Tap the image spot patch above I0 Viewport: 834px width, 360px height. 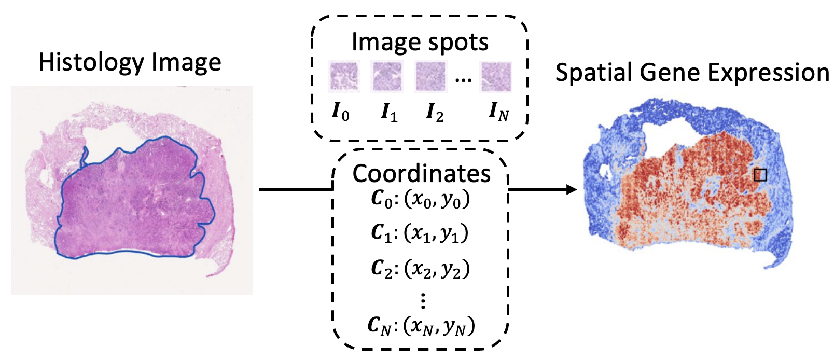click(343, 76)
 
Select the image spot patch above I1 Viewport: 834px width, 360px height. click(387, 76)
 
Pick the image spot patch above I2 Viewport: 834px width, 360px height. click(430, 76)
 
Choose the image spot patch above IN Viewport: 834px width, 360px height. click(496, 76)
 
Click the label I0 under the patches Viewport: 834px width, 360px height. click(341, 112)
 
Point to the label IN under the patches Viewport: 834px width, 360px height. click(498, 112)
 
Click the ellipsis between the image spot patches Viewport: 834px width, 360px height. click(463, 79)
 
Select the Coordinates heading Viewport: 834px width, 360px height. click(421, 174)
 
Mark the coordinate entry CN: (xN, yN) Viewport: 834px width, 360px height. click(421, 326)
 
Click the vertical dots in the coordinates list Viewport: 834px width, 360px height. click(423, 300)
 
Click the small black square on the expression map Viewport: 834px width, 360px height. click(760, 175)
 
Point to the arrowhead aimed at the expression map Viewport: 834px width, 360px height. click(572, 189)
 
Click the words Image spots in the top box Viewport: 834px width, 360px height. click(420, 42)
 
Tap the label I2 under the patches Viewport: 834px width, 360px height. click(435, 112)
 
